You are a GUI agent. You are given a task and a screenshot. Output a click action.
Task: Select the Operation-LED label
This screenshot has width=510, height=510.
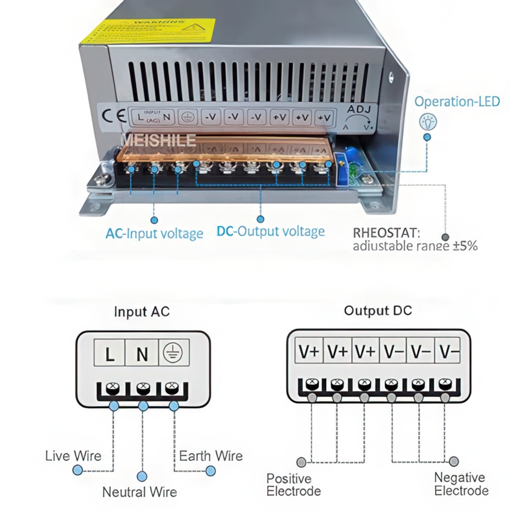457,101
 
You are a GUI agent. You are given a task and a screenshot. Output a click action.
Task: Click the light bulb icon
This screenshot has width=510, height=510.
428,121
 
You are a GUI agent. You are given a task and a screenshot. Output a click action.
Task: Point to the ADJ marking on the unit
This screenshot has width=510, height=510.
358,110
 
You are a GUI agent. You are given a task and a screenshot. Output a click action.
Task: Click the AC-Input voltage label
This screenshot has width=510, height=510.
154,233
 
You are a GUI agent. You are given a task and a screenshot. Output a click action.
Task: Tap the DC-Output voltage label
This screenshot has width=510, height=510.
271,232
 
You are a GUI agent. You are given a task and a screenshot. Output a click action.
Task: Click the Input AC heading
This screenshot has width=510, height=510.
142,311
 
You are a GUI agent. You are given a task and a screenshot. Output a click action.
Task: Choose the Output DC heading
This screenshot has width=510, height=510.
378,310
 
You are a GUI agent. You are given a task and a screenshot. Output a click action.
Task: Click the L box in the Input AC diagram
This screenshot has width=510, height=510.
110,353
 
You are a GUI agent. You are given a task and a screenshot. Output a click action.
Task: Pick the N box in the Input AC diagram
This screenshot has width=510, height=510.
142,353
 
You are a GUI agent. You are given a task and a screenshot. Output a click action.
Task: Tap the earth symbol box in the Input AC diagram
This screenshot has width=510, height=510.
174,353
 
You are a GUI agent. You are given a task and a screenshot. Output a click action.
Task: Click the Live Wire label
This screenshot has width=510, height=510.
73,456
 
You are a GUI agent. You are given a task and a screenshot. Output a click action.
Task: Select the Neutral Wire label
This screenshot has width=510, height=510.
139,492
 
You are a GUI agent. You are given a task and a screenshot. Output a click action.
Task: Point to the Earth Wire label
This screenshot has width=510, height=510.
211,456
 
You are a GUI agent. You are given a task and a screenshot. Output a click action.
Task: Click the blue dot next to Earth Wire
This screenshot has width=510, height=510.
210,471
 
